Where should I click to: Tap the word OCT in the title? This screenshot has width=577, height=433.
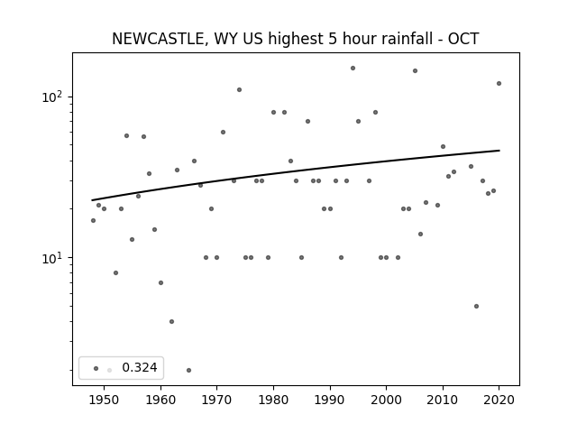(x=463, y=39)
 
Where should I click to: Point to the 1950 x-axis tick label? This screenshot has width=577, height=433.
(x=104, y=400)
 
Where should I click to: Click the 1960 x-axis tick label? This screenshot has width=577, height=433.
(x=160, y=400)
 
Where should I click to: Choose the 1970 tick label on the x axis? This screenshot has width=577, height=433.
(x=216, y=400)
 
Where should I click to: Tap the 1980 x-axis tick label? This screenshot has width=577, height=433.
(x=273, y=400)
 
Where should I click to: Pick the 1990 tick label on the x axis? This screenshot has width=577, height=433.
(x=330, y=400)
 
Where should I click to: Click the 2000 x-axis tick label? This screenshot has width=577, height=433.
(x=386, y=400)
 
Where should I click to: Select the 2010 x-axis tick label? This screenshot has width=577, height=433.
(x=443, y=400)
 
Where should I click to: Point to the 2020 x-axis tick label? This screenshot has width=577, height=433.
(x=499, y=400)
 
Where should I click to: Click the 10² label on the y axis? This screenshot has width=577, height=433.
(x=53, y=97)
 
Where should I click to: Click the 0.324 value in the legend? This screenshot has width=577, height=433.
(x=140, y=367)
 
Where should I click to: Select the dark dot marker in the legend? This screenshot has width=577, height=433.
(x=96, y=368)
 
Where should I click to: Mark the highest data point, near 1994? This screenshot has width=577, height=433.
(x=353, y=69)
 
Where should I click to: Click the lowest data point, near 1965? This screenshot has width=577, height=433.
(x=188, y=370)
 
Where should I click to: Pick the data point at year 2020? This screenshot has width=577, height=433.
(x=499, y=84)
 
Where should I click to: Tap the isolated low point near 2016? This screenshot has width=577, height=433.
(x=477, y=307)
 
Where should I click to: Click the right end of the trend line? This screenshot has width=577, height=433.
(x=499, y=151)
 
